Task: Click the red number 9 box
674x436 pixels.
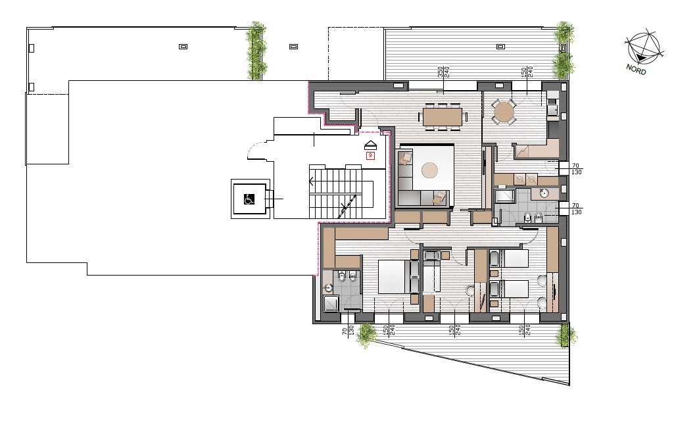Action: point(370,156)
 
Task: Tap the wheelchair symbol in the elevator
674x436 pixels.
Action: point(249,199)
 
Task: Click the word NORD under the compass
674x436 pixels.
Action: point(636,69)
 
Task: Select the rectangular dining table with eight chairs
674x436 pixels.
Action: point(443,116)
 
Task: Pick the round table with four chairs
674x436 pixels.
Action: point(503,112)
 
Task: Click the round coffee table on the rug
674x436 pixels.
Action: point(429,170)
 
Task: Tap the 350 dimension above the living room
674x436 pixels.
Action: point(440,72)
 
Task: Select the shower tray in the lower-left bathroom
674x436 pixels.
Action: point(331,304)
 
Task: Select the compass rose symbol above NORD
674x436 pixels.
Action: point(642,48)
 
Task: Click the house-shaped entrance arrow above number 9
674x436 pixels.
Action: point(370,145)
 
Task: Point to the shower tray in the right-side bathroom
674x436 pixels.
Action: point(504,196)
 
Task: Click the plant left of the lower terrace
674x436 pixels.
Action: point(366,335)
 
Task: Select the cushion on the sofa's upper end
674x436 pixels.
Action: point(405,158)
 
